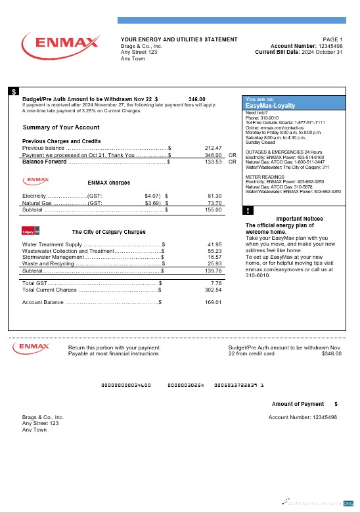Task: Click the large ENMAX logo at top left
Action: (x=60, y=44)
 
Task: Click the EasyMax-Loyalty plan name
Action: (x=270, y=105)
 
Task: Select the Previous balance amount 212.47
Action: (x=214, y=148)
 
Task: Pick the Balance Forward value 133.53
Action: (x=214, y=161)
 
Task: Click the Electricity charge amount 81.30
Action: (x=214, y=196)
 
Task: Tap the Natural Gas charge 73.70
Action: (x=214, y=203)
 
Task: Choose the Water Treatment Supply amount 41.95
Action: (x=214, y=244)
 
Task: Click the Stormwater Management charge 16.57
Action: (x=214, y=257)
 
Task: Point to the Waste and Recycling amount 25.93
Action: (x=214, y=263)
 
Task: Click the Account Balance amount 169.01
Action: (x=214, y=302)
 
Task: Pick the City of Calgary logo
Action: (x=31, y=231)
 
